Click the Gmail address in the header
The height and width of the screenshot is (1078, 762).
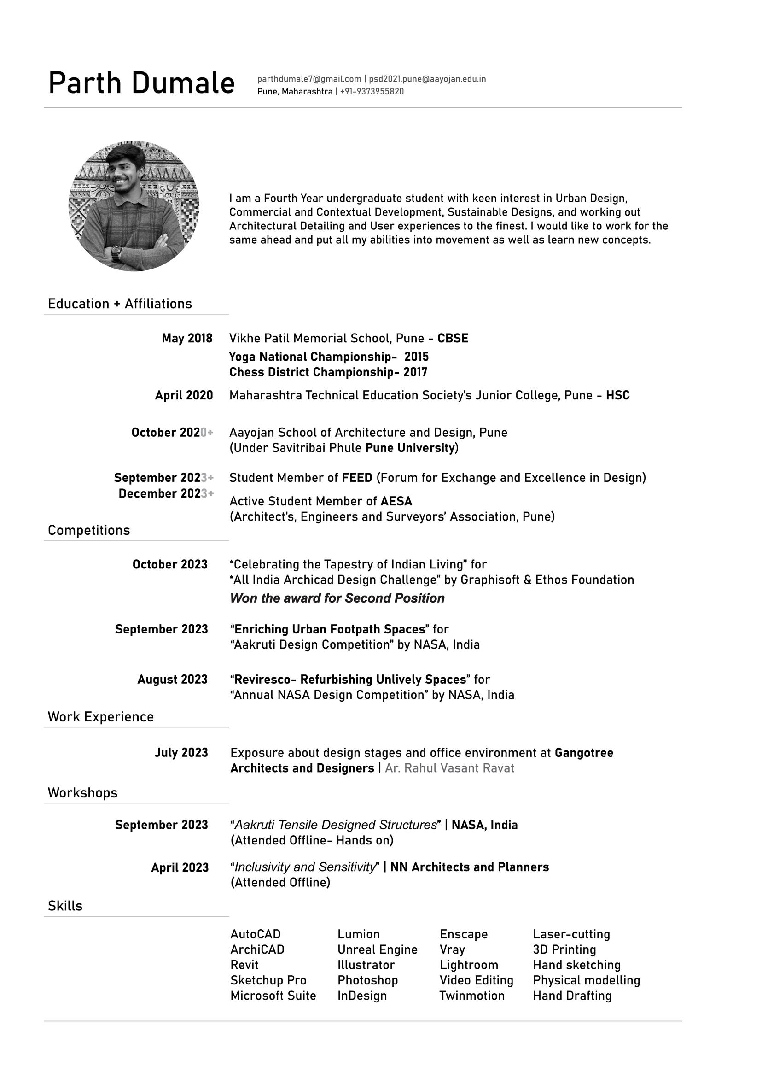[309, 79]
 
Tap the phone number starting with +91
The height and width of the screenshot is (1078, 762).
[372, 92]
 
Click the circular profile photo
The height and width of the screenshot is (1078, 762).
[134, 206]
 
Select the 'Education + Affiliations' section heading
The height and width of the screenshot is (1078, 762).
[120, 304]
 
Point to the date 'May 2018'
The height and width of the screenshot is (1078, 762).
[187, 339]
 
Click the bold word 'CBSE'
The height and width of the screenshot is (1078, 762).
[453, 339]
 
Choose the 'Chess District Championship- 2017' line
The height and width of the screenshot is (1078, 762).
[328, 372]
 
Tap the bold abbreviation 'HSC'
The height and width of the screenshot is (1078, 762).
[617, 395]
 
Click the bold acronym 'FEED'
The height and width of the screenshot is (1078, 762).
[357, 478]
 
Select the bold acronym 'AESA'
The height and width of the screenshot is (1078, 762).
[396, 501]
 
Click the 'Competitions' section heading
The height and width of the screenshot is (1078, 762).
[89, 531]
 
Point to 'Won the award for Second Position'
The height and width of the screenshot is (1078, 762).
[337, 598]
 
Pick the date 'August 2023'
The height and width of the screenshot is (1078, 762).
[172, 680]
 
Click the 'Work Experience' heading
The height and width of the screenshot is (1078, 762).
[100, 717]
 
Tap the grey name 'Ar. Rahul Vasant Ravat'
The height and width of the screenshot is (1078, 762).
[449, 768]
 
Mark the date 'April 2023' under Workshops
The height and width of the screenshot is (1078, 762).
[180, 867]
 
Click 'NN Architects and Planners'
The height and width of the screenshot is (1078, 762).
[469, 867]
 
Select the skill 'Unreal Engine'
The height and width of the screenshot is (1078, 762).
[377, 949]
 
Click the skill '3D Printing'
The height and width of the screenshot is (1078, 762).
[564, 949]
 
